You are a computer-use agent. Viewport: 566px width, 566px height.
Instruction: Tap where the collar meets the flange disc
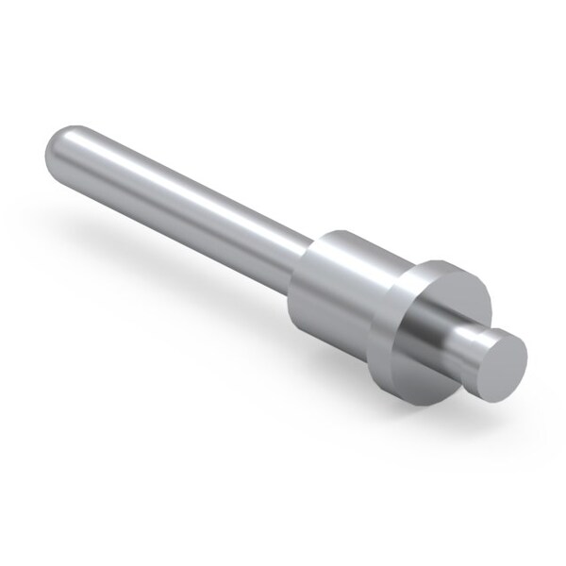(396, 311)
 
